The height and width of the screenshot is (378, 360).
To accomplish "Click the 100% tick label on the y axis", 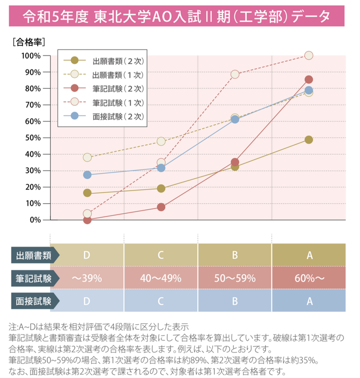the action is (x=31, y=56).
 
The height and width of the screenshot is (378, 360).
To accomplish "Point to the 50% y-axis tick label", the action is (x=33, y=138).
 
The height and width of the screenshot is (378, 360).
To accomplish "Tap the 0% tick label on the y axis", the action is (x=35, y=220).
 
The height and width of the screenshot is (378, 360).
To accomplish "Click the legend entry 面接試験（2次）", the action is (x=103, y=116).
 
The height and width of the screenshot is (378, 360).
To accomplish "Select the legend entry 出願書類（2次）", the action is (x=103, y=61).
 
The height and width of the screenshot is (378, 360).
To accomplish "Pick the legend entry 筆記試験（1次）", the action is (x=103, y=103).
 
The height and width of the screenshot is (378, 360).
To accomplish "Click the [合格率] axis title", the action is (x=29, y=42).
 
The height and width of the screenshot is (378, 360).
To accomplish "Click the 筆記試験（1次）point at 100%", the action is (x=309, y=55).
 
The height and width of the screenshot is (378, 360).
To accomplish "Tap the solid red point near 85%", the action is (x=309, y=79).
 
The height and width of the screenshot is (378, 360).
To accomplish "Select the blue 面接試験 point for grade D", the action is (x=87, y=175).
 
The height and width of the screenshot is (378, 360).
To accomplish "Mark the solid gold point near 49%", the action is (x=309, y=139).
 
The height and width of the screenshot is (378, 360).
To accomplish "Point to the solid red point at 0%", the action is (x=87, y=220).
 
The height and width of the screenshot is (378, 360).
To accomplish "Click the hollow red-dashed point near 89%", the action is (x=235, y=74).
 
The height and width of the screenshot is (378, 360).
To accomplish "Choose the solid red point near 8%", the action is (x=161, y=207).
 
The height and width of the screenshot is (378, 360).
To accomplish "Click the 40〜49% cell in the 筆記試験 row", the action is (x=161, y=278).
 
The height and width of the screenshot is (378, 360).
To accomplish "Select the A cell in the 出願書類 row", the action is (x=309, y=255).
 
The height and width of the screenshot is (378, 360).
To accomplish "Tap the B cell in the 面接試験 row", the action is (x=235, y=301).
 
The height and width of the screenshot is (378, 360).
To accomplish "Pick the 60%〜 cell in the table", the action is (x=309, y=278).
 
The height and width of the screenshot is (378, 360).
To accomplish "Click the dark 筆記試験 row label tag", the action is (x=35, y=278).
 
